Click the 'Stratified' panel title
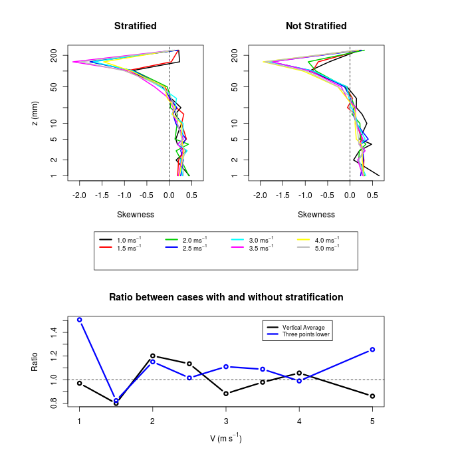[136, 26]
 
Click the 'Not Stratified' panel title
[316, 26]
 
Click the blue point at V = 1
[80, 320]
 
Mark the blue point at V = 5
[372, 350]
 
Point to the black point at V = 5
[372, 396]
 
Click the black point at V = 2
[153, 356]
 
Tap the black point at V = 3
[226, 394]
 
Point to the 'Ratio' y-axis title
[35, 361]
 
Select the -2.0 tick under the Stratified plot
[80, 196]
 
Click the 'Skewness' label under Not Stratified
[316, 215]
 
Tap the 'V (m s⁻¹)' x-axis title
[225, 438]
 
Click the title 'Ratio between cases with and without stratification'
[226, 297]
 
